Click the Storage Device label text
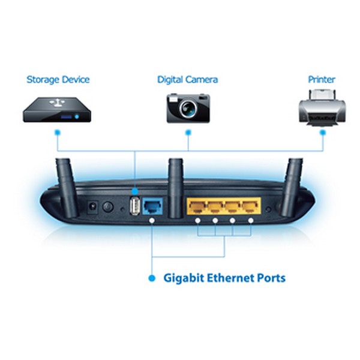(58, 80)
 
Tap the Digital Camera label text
(188, 80)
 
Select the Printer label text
(322, 79)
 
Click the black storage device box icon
(57, 110)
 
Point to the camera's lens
(188, 108)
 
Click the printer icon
(322, 107)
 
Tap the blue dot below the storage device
(58, 133)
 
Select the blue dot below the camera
(188, 133)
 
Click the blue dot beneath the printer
(323, 133)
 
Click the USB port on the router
(135, 205)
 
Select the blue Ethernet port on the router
(152, 206)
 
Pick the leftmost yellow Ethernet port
(197, 206)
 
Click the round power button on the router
(108, 206)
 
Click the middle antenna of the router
(176, 188)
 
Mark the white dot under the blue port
(152, 220)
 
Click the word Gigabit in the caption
(184, 278)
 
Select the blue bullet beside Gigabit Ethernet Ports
(152, 278)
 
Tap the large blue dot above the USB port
(135, 191)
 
